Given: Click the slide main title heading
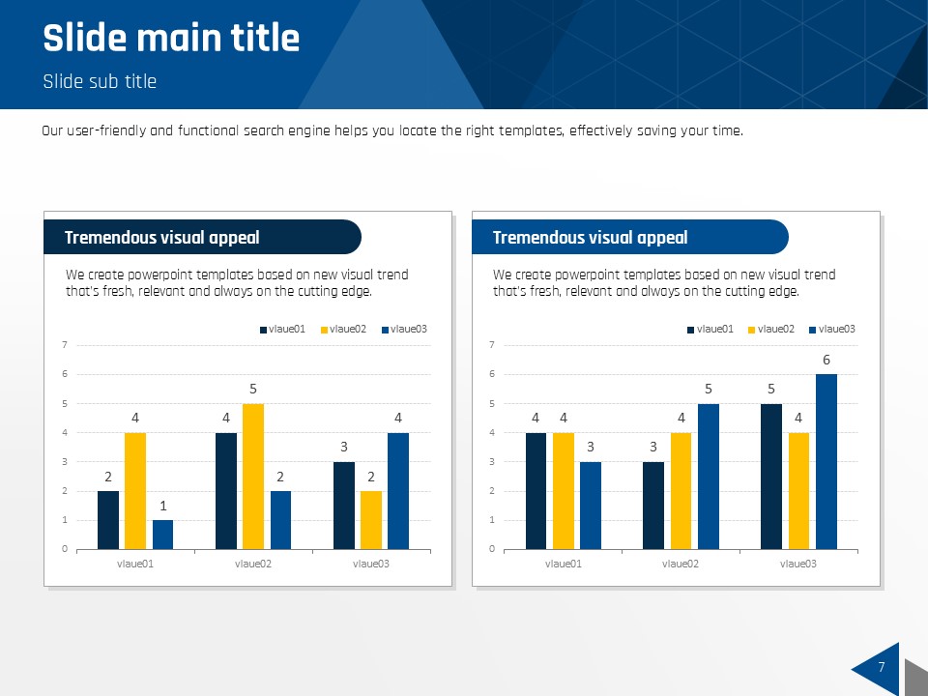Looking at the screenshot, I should tap(171, 39).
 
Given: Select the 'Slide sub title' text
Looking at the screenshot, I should tap(100, 81).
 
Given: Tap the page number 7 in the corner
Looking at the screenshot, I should tap(881, 667).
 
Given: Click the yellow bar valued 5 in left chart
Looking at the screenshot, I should tap(252, 476).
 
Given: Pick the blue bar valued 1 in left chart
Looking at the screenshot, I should tap(162, 535).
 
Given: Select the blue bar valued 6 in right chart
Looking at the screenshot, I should tap(826, 461).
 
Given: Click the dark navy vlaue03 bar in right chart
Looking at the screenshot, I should tap(771, 476).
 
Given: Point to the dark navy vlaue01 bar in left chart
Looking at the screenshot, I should tap(108, 520).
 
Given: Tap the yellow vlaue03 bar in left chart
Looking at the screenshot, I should tap(370, 520).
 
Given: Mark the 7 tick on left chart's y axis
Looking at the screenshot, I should tap(64, 345).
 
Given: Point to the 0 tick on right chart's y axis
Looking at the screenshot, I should tap(492, 549).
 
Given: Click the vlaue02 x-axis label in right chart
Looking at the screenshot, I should tap(681, 563).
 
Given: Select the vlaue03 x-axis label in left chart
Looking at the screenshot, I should tap(370, 563).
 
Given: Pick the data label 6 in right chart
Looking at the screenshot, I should tap(826, 360).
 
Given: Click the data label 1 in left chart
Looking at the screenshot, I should tap(162, 506).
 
